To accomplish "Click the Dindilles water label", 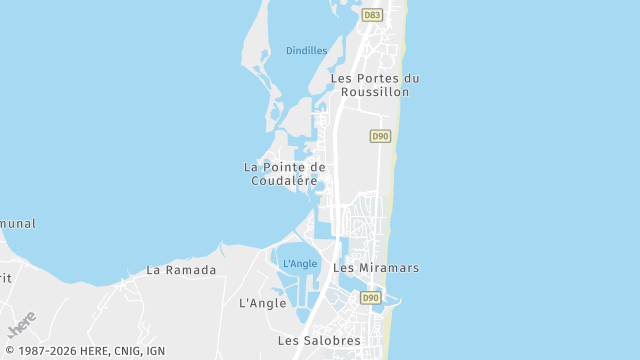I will (x=306, y=50).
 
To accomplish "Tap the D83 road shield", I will (x=372, y=15).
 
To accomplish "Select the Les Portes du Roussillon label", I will (x=375, y=85).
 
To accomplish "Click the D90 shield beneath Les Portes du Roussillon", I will (x=379, y=136).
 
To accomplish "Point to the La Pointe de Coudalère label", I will (x=285, y=174).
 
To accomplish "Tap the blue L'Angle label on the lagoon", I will (x=300, y=264).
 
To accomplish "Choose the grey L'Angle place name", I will (x=263, y=303).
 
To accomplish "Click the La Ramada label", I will (x=181, y=270).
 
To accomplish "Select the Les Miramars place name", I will (x=376, y=268).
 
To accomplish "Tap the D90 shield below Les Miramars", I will (x=371, y=298).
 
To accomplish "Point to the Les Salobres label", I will (x=319, y=341).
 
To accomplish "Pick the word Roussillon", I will (x=375, y=92).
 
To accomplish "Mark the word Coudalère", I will (x=285, y=181).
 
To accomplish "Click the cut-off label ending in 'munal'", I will (x=17, y=224).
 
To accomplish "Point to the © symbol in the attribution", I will (x=8, y=351).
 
